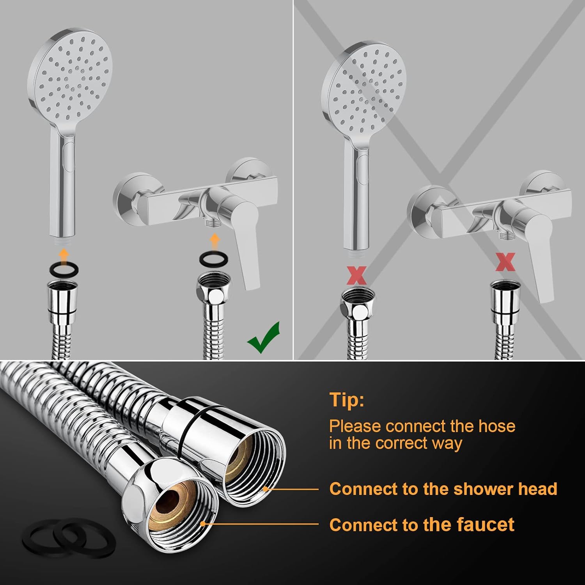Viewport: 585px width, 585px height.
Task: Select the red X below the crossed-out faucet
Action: (505, 262)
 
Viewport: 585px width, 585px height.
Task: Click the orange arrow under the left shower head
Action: (64, 256)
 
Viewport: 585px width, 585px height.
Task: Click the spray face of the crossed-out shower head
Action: (367, 90)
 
